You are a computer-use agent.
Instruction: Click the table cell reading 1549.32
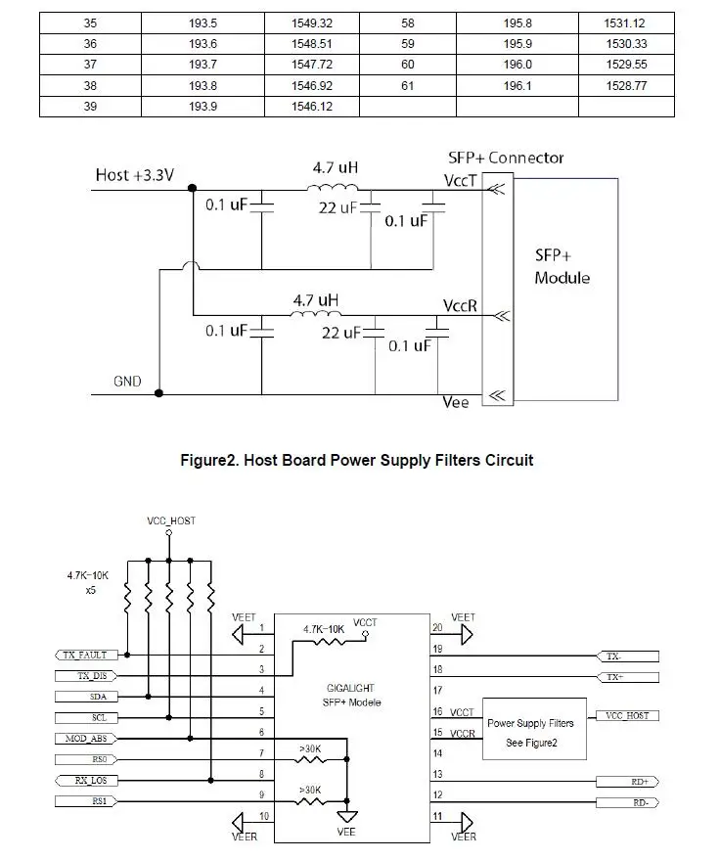click(311, 23)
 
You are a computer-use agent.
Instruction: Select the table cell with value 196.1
click(517, 85)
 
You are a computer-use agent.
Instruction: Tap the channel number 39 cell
click(90, 107)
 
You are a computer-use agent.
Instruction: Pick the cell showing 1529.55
click(626, 65)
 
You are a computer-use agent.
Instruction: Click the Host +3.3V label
click(134, 175)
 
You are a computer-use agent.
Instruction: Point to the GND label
click(127, 382)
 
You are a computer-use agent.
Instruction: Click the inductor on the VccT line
click(333, 188)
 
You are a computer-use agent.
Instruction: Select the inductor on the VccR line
click(315, 314)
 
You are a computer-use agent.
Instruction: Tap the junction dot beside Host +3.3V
click(192, 188)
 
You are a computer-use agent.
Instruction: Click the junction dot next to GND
click(159, 393)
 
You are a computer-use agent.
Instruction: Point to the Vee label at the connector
click(456, 402)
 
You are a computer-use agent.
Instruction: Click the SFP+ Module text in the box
click(562, 266)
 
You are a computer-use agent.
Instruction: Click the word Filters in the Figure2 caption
click(449, 460)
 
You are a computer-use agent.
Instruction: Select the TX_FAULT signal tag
click(84, 655)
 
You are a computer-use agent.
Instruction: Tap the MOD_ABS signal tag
click(86, 739)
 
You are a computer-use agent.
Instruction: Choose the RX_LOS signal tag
click(86, 780)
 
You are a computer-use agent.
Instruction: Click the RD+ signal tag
click(627, 782)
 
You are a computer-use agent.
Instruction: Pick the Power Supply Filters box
click(534, 729)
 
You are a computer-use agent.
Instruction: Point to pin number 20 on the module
click(437, 627)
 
